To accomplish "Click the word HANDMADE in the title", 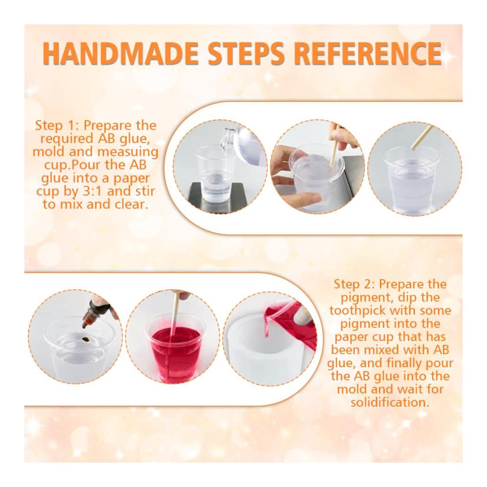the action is (x=120, y=54).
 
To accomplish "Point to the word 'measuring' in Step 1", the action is (x=128, y=152).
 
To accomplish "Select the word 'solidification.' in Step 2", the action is (x=390, y=403).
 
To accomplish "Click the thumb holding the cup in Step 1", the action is (x=306, y=197).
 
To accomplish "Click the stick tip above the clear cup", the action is (x=413, y=148).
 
